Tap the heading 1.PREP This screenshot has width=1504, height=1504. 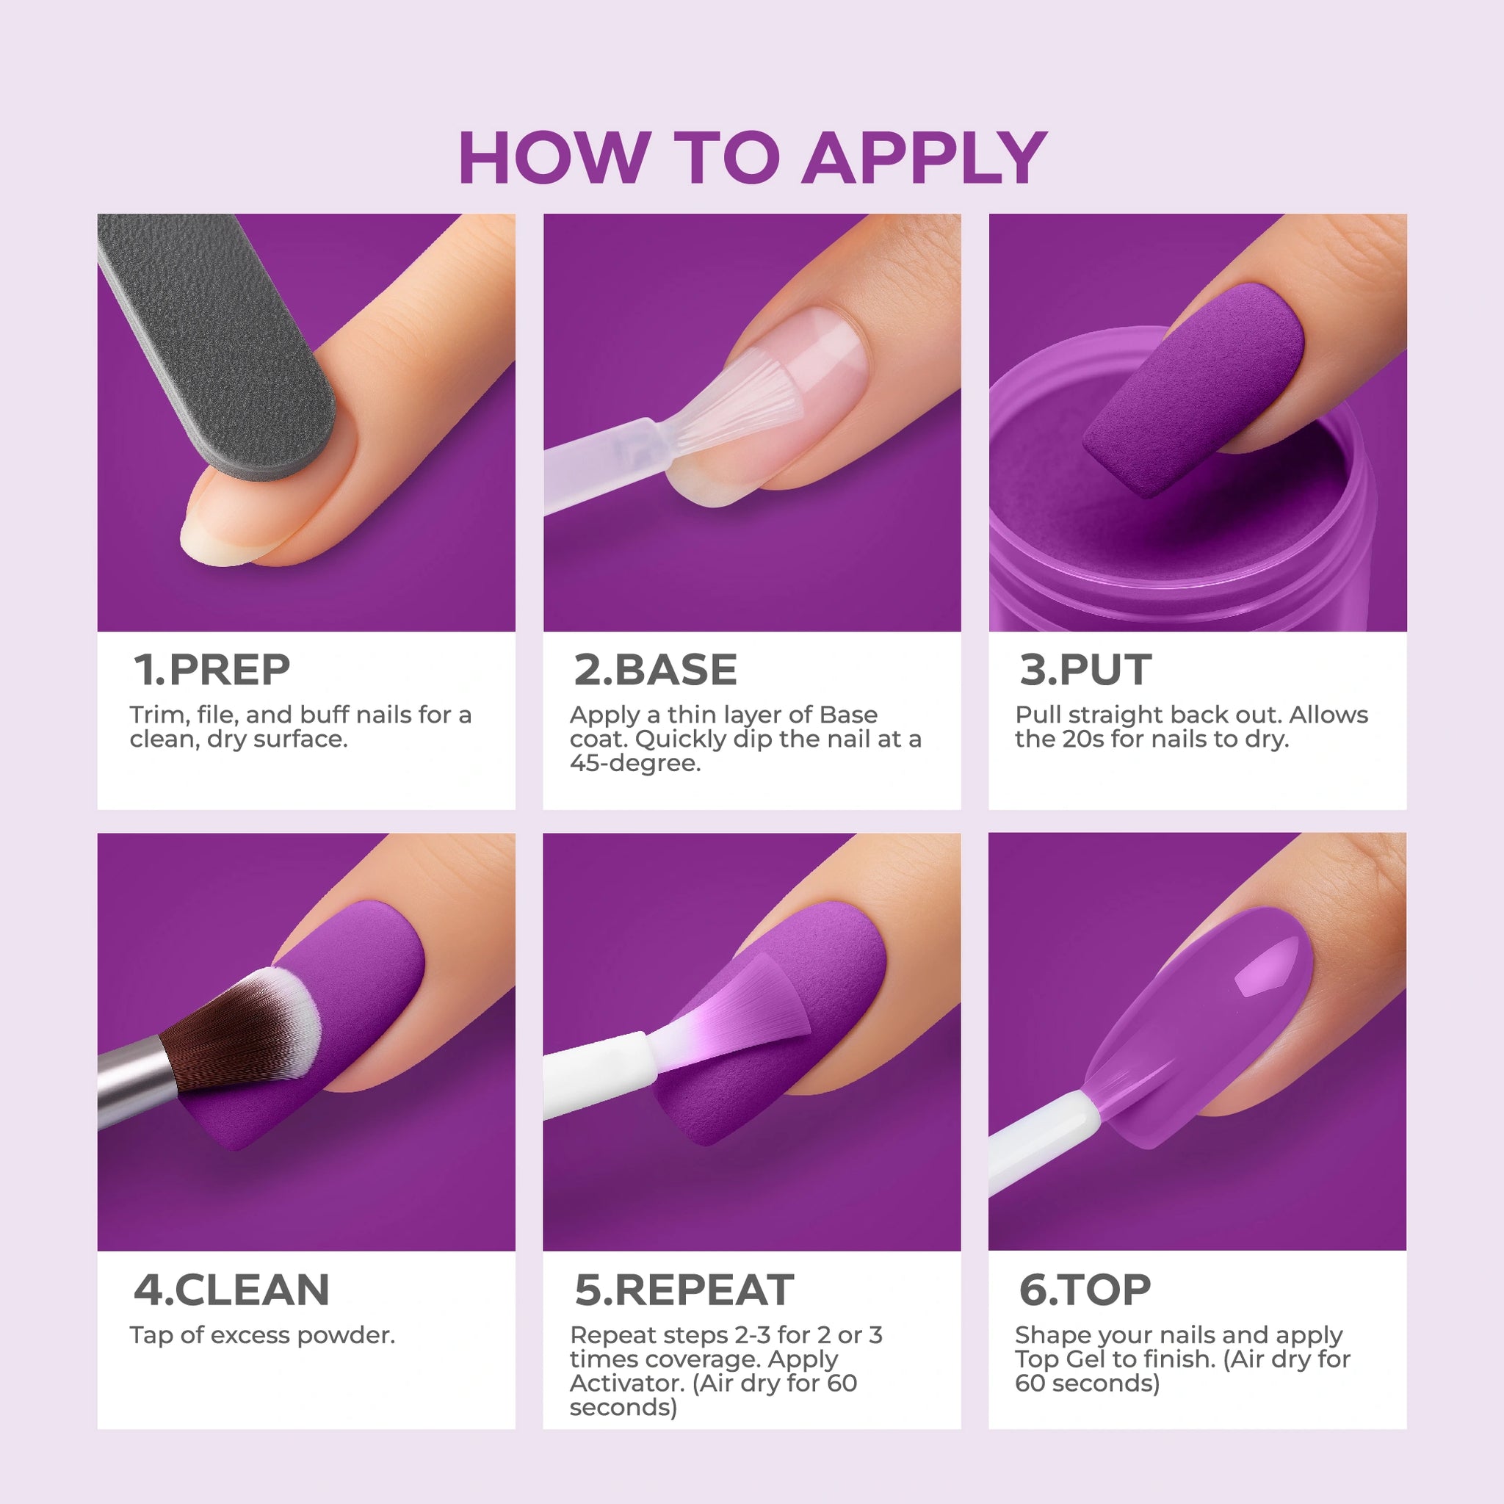[211, 670]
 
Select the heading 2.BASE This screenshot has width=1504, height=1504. [656, 670]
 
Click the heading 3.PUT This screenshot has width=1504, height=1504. [1085, 670]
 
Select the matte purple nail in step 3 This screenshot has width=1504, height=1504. [1194, 389]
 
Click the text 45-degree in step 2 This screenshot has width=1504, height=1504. [635, 764]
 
